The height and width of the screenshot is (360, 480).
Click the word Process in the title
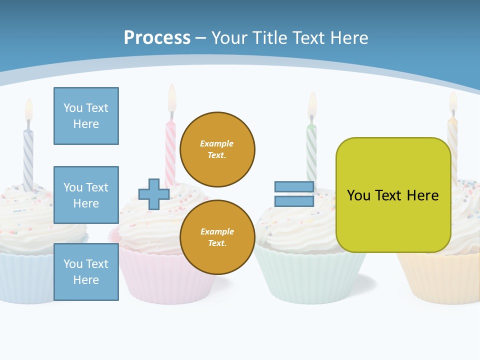157,38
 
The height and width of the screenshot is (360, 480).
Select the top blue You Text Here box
86,116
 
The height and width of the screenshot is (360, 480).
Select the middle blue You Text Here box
86,195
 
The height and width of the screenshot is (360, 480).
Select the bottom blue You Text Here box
86,272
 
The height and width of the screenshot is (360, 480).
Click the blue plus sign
154,194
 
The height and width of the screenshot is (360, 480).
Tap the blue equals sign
294,194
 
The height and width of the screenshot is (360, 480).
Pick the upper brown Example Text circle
217,149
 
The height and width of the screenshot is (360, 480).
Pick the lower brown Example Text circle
217,237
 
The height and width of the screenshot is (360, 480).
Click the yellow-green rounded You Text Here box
393,195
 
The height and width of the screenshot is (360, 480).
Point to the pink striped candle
170,150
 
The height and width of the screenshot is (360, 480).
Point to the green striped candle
311,150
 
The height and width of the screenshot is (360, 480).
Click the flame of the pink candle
172,97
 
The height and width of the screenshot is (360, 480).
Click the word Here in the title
348,38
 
